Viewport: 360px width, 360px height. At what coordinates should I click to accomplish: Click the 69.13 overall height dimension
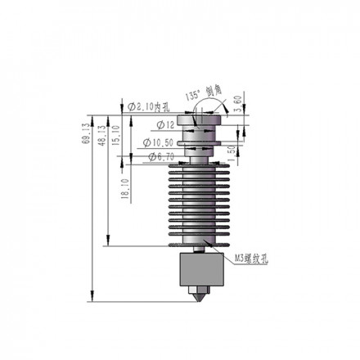(x=86, y=131)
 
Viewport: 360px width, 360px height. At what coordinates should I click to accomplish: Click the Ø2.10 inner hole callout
(x=149, y=107)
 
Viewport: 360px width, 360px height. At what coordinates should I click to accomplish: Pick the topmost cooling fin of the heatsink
(x=200, y=168)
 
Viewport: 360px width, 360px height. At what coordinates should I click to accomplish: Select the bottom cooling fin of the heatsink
(x=200, y=241)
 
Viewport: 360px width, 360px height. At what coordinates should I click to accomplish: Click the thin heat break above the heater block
(x=200, y=249)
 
